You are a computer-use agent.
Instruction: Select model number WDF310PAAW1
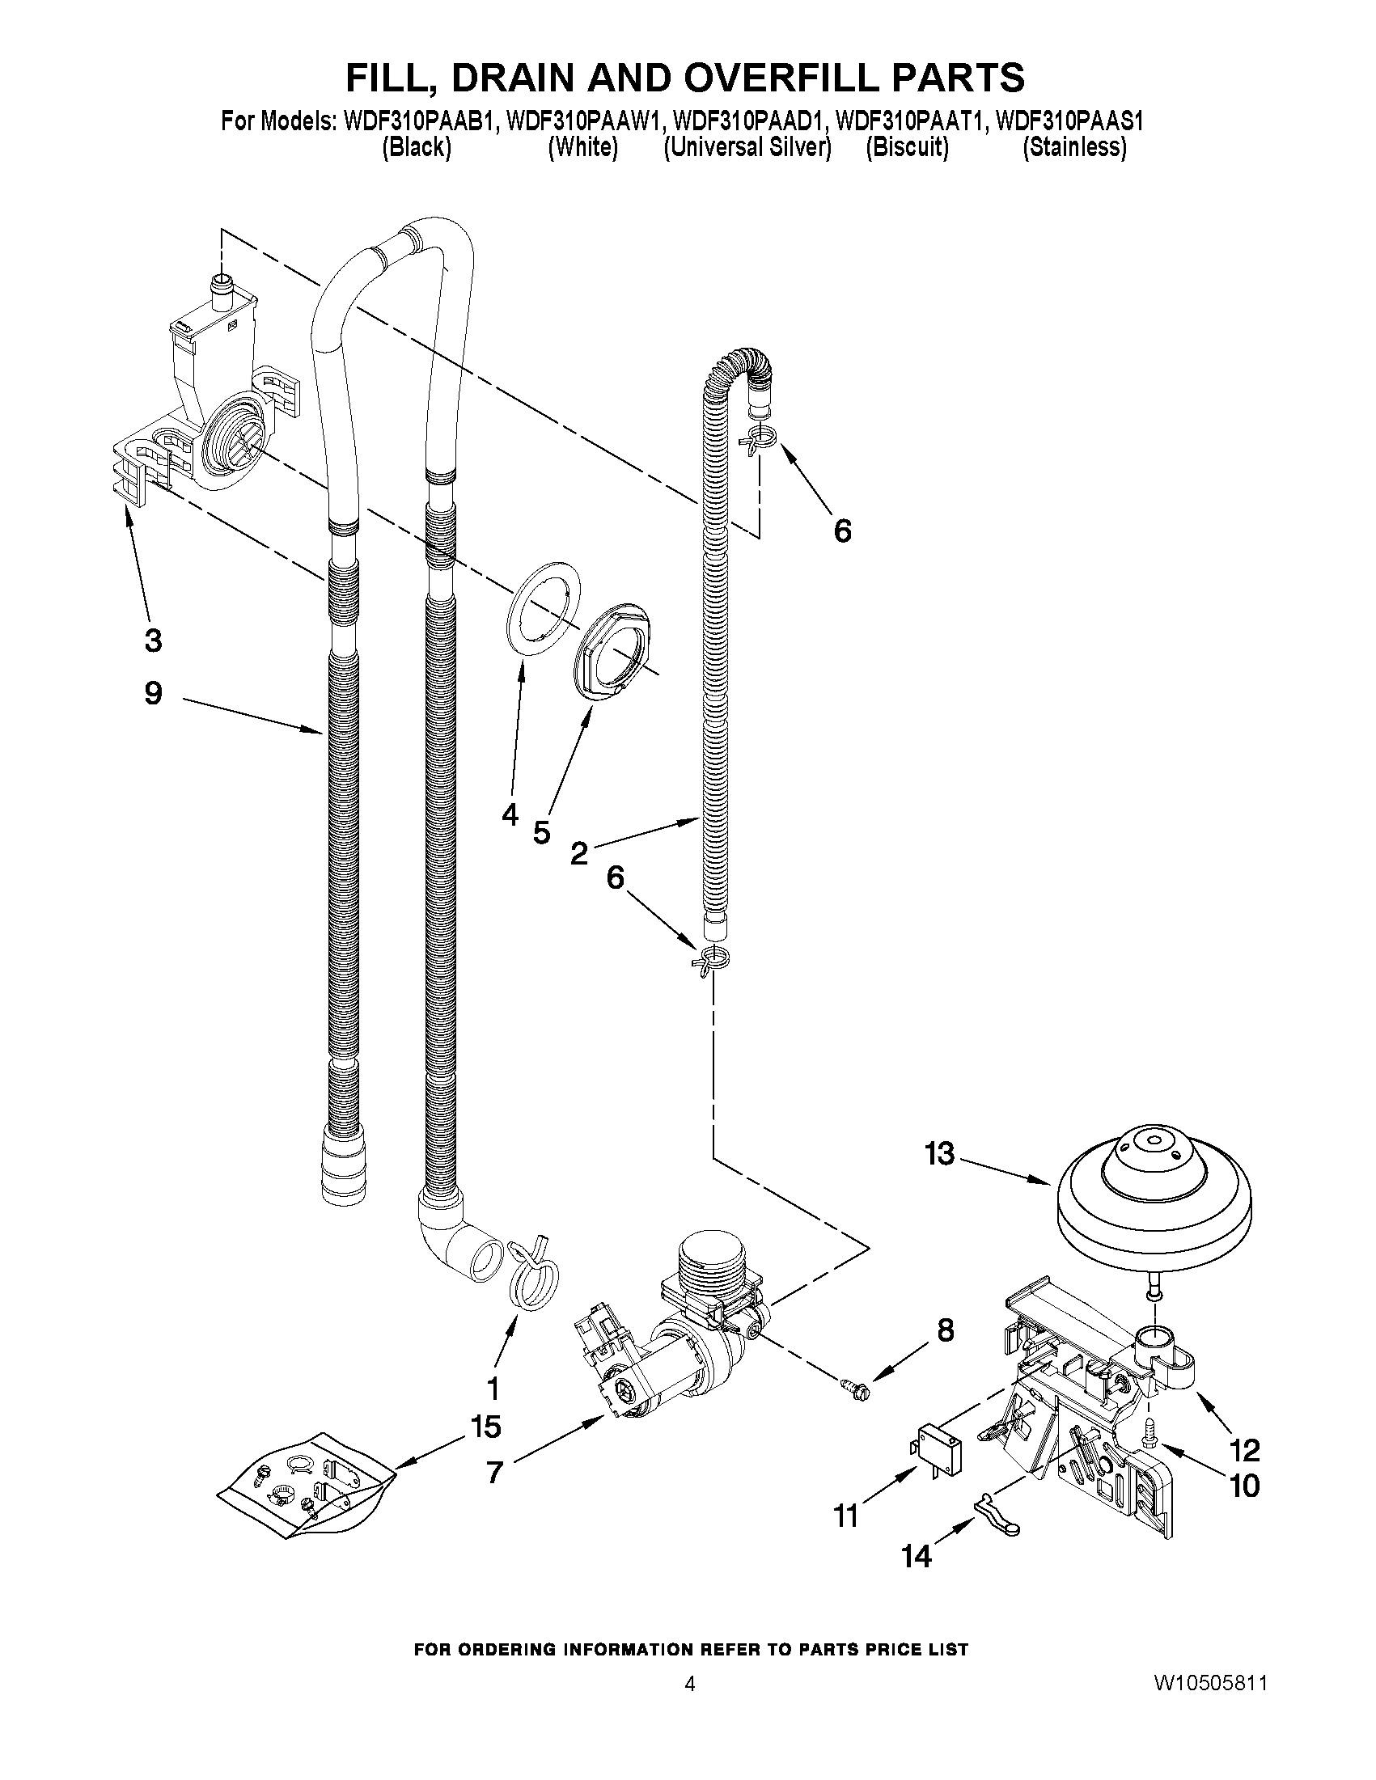tap(580, 122)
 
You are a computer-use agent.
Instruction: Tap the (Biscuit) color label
tap(907, 147)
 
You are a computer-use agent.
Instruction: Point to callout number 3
tap(152, 641)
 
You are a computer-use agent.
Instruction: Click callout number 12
tap(1245, 1450)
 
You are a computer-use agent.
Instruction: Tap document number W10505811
tap(1209, 1684)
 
